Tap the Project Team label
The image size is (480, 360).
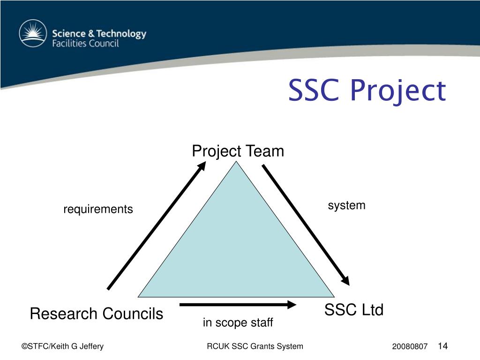pyautogui.click(x=238, y=151)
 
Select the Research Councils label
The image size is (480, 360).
pyautogui.click(x=96, y=314)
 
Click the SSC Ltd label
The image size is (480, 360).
pyautogui.click(x=354, y=310)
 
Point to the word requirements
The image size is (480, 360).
pyautogui.click(x=98, y=209)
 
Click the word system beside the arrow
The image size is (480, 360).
pyautogui.click(x=346, y=205)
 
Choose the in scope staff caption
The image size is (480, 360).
pyautogui.click(x=238, y=323)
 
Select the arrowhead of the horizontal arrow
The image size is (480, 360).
pyautogui.click(x=292, y=305)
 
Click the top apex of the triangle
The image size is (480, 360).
pyautogui.click(x=237, y=162)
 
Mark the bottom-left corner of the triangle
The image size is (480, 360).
pyautogui.click(x=139, y=297)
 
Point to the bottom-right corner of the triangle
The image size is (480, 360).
pyautogui.click(x=334, y=297)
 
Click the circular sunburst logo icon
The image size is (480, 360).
pyautogui.click(x=33, y=34)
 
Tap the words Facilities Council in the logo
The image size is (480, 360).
pyautogui.click(x=85, y=44)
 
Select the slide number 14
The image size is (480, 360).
pyautogui.click(x=442, y=346)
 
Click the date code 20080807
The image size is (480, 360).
pyautogui.click(x=410, y=347)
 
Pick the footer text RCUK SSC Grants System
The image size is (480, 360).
pyautogui.click(x=255, y=346)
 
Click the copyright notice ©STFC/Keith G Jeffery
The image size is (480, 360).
pyautogui.click(x=62, y=346)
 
